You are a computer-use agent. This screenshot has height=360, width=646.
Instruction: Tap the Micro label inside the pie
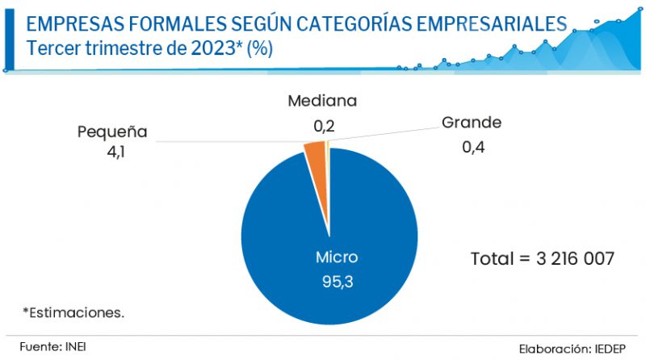(337, 257)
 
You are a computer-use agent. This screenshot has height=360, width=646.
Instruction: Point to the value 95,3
(337, 283)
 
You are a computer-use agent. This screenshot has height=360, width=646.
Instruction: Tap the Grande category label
(472, 123)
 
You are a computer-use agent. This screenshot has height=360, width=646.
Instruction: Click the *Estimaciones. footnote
(73, 311)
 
